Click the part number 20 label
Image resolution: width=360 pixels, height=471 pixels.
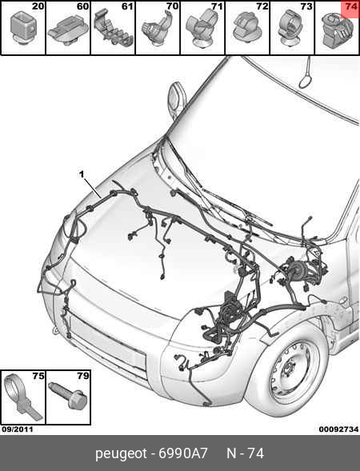pos(38,6)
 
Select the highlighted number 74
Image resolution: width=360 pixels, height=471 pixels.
pos(351,6)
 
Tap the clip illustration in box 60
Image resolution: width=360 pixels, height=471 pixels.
pos(68,30)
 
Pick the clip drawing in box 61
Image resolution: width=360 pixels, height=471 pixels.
pos(114,28)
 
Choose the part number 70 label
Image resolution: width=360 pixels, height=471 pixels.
pos(173,6)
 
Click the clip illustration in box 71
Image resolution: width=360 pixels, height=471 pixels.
pos(202,29)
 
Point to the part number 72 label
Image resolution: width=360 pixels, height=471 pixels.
pos(262,6)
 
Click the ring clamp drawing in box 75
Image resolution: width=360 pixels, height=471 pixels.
pos(18,397)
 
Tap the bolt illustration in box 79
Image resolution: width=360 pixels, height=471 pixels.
pos(68,394)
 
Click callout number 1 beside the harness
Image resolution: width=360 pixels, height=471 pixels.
pos(82,174)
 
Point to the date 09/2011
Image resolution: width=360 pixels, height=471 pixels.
pos(18,429)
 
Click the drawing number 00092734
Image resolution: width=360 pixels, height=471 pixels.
pos(338,429)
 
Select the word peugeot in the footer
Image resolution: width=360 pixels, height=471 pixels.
pos(121,453)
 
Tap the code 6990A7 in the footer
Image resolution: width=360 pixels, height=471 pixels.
pos(183,453)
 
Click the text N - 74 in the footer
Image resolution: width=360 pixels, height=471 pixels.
pos(246,453)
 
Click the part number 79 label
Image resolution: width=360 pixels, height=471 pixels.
pos(83,376)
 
